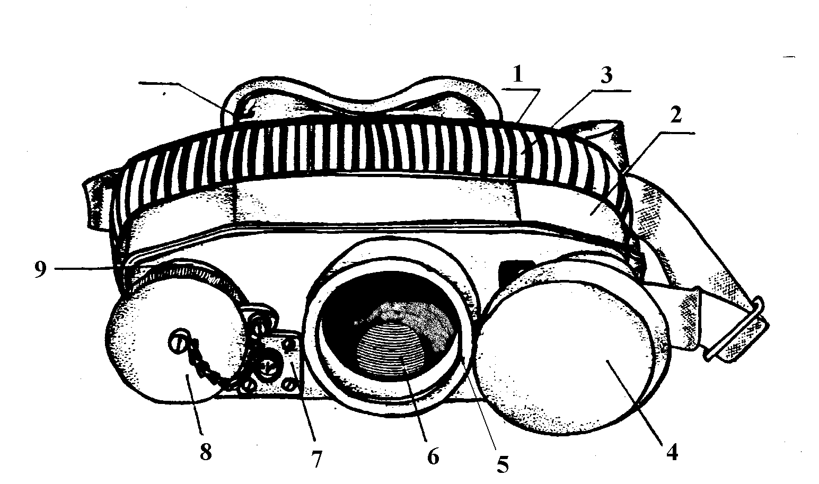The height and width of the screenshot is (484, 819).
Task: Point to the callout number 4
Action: [672, 453]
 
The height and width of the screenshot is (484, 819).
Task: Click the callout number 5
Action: [502, 464]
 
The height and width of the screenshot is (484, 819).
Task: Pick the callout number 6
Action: [433, 455]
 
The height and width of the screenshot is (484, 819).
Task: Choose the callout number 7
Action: [316, 459]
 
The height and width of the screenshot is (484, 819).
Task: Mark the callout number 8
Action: [206, 452]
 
